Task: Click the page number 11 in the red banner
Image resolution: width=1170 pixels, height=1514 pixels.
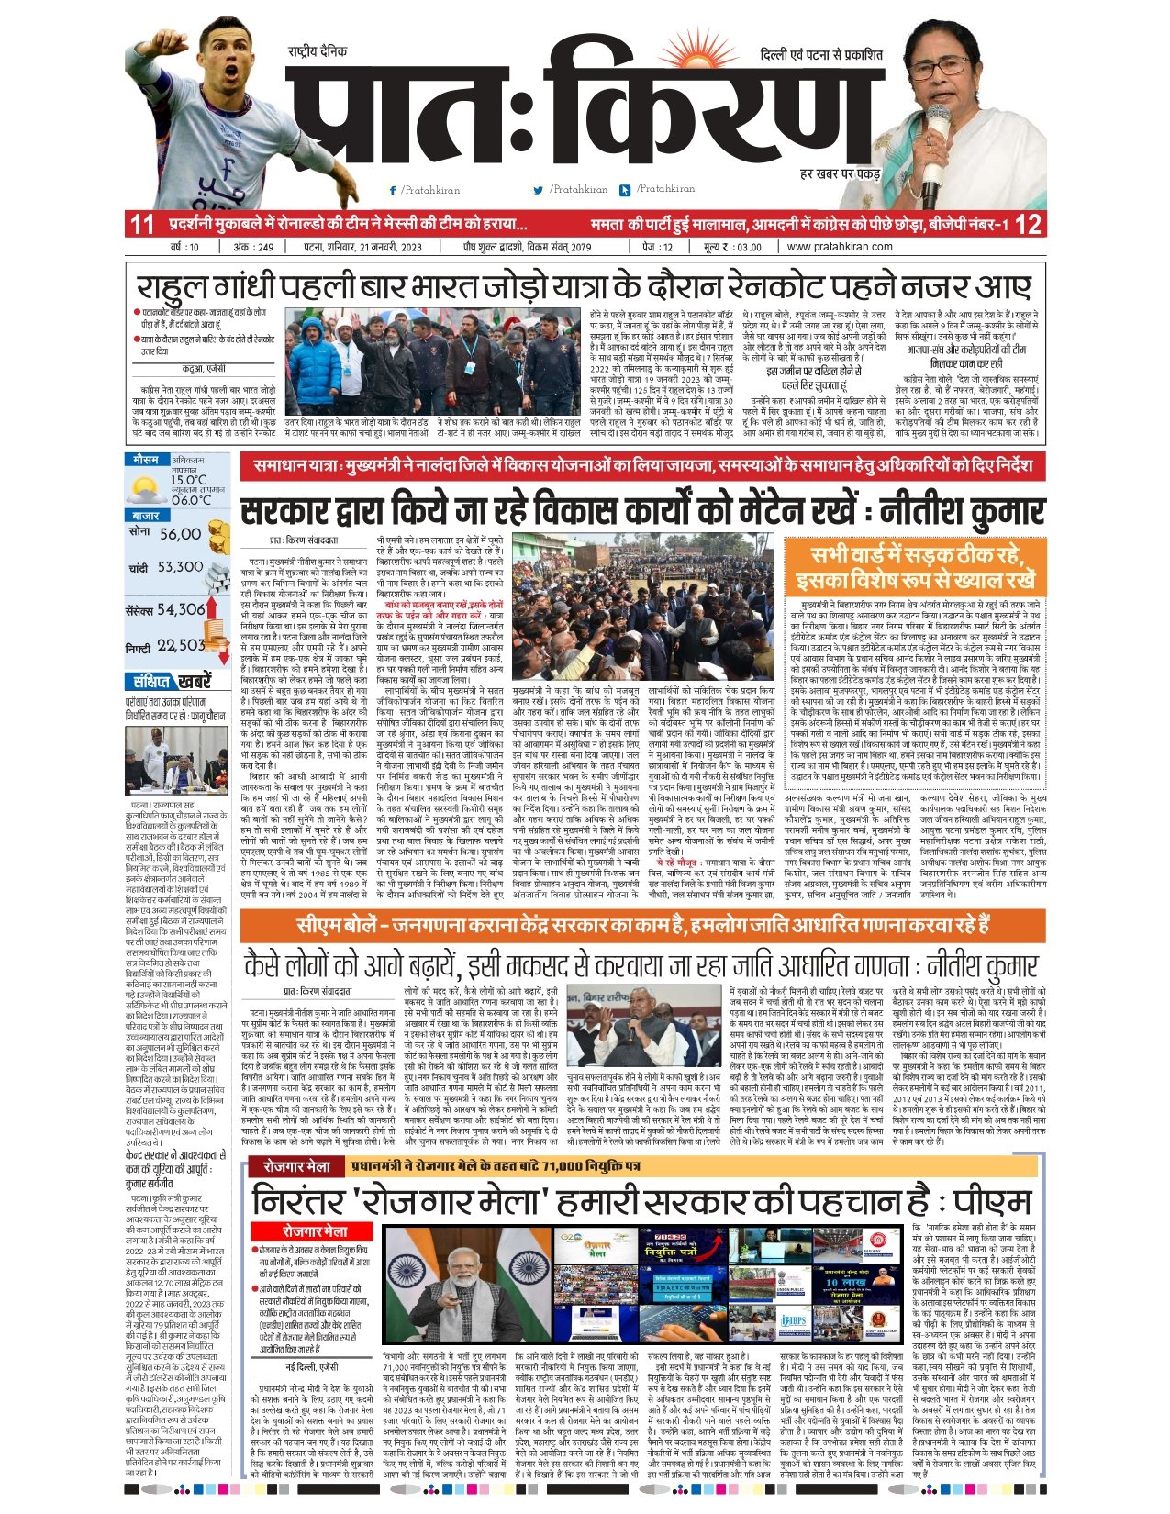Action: pyautogui.click(x=142, y=224)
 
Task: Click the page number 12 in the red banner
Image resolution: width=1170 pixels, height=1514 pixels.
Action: pyautogui.click(x=1029, y=224)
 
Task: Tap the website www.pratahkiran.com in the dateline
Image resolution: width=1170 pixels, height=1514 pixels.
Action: pyautogui.click(x=839, y=247)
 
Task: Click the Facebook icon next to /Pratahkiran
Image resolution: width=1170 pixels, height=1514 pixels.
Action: pyautogui.click(x=393, y=190)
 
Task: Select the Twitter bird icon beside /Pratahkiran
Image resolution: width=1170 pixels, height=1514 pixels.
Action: pyautogui.click(x=539, y=190)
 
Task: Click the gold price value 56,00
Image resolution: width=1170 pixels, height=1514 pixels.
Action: pyautogui.click(x=180, y=534)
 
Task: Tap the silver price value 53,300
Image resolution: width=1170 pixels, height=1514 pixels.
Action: pyautogui.click(x=180, y=567)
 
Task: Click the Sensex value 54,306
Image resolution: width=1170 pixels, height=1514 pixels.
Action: pyautogui.click(x=180, y=609)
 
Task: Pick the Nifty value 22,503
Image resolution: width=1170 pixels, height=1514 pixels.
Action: pyautogui.click(x=180, y=646)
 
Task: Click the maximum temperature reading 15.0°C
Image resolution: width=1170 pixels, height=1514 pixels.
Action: pyautogui.click(x=188, y=480)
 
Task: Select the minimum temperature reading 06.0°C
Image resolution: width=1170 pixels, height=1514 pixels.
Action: pyautogui.click(x=190, y=500)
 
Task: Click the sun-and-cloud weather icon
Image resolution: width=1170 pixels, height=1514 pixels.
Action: pyautogui.click(x=145, y=485)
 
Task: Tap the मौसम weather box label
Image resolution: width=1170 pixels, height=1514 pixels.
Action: pyautogui.click(x=146, y=459)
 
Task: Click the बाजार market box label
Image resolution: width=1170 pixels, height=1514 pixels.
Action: pyautogui.click(x=146, y=516)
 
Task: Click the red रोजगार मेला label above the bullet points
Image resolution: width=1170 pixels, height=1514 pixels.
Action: pyautogui.click(x=315, y=1231)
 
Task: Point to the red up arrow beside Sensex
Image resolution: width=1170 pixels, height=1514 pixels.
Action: pyautogui.click(x=211, y=607)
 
